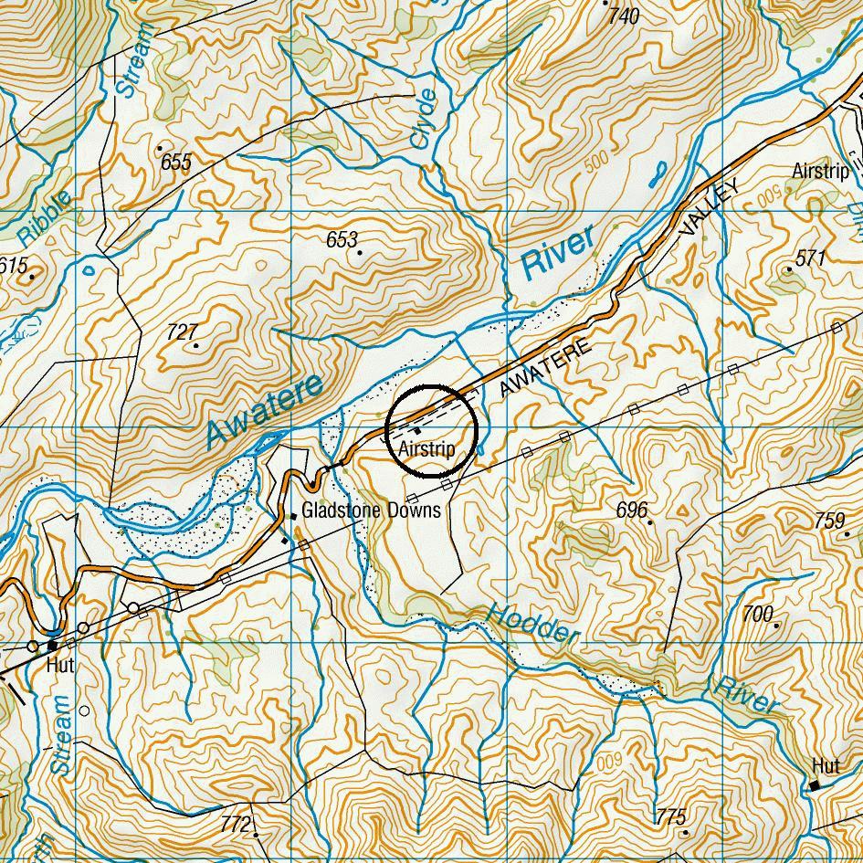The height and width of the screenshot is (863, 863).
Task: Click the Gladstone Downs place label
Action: tap(371, 510)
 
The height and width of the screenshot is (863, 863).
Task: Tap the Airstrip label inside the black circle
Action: tap(426, 450)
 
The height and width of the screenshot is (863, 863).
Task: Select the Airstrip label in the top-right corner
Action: tap(820, 171)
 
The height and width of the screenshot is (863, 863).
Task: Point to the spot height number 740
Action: tap(624, 16)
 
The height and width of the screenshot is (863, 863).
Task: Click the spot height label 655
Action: tap(175, 163)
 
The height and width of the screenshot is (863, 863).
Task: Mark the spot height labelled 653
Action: tap(342, 239)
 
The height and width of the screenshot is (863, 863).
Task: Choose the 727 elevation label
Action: tap(182, 332)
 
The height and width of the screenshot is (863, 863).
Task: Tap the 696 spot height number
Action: tap(631, 510)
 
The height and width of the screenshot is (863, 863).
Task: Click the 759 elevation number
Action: tap(829, 521)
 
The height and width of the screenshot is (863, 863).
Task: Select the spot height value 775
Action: tap(670, 816)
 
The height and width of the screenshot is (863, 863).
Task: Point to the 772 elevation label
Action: tap(236, 825)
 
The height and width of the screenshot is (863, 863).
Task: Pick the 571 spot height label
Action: tap(810, 258)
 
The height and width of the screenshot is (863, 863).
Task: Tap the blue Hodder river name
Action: tap(532, 624)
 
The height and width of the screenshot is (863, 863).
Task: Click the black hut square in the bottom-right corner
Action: tap(815, 784)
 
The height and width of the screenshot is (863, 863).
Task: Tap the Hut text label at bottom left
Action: tap(60, 666)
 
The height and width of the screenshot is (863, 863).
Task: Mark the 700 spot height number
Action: tap(757, 615)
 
